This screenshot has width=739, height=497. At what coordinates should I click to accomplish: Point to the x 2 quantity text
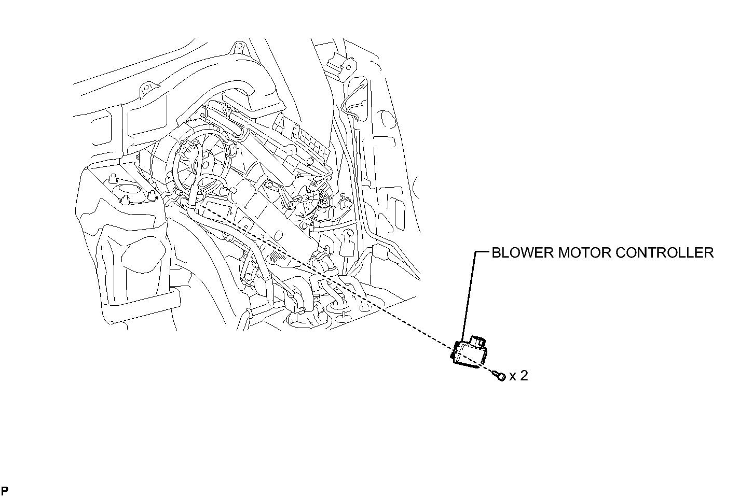pyautogui.click(x=518, y=376)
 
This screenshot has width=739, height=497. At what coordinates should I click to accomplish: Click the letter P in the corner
pyautogui.click(x=5, y=490)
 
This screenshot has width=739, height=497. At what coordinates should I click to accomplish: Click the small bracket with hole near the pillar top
pyautogui.click(x=348, y=68)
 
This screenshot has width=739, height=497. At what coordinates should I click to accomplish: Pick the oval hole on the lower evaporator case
pyautogui.click(x=279, y=234)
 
